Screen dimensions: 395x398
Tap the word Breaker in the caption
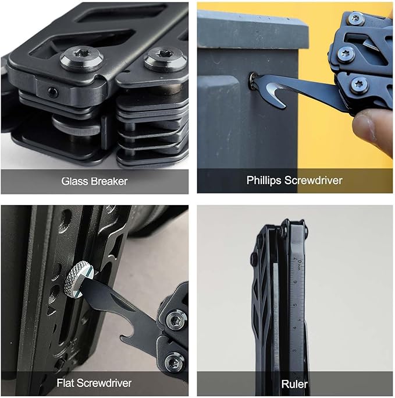(x=109, y=181)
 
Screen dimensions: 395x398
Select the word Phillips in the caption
(x=264, y=181)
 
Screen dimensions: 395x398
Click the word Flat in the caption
(x=66, y=383)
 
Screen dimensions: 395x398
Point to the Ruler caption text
(x=295, y=384)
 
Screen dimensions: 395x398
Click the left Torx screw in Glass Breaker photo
(x=81, y=58)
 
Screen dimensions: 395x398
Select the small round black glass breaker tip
(x=53, y=93)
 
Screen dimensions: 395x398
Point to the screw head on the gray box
(x=252, y=82)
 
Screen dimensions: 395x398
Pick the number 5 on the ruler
(x=295, y=305)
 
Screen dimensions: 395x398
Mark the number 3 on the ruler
(x=294, y=351)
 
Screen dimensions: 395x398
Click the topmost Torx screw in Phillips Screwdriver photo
(x=355, y=18)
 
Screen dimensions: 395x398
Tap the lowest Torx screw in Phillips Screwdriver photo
(x=360, y=84)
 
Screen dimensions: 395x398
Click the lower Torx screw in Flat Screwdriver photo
(x=175, y=362)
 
